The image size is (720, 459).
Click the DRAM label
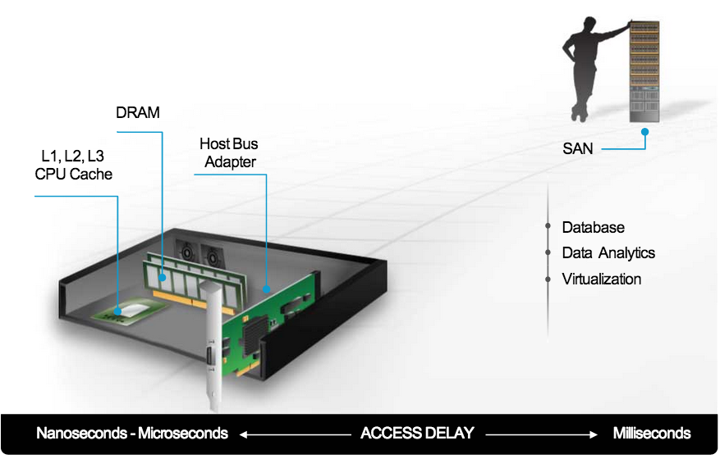click(x=137, y=112)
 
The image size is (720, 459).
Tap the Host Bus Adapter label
click(x=230, y=152)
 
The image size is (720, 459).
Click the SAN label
click(x=578, y=148)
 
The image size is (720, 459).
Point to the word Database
click(x=593, y=227)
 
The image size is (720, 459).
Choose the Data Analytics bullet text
click(x=608, y=253)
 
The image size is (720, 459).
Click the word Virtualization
click(x=601, y=279)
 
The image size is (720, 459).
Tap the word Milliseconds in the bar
click(x=652, y=433)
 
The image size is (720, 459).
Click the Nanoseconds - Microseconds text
click(x=132, y=433)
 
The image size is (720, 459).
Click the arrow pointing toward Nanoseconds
click(x=295, y=433)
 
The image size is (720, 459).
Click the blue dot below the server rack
click(x=645, y=131)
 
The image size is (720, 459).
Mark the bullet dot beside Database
click(x=548, y=227)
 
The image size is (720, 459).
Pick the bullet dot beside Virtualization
click(x=548, y=279)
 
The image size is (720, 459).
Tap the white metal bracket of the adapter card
click(x=211, y=344)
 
